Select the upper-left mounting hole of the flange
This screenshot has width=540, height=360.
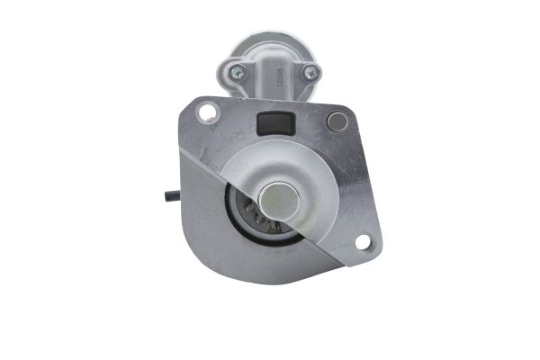click(x=207, y=112)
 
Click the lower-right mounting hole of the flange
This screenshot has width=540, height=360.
click(x=363, y=241)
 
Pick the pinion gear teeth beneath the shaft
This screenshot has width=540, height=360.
click(x=261, y=220)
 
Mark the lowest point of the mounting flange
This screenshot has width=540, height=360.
click(x=270, y=283)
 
